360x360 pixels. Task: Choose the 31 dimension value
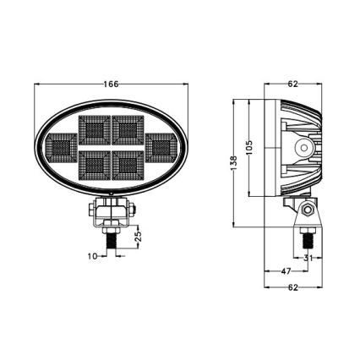[308, 258]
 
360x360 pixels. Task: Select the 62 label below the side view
[293, 287]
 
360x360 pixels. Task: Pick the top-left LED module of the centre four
[93, 130]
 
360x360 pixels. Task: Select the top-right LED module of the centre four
[128, 130]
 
